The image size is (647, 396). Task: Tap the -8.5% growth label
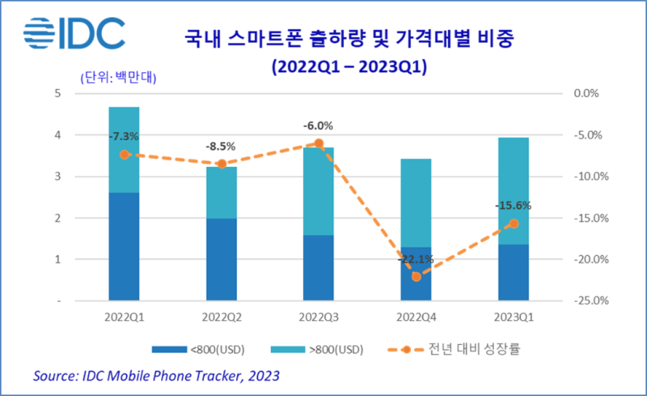coord(221,147)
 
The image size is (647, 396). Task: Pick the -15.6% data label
coord(513,206)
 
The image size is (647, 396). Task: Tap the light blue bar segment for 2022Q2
coord(221,192)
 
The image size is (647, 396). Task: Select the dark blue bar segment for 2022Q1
coord(124,246)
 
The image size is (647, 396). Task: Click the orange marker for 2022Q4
coord(416,276)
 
